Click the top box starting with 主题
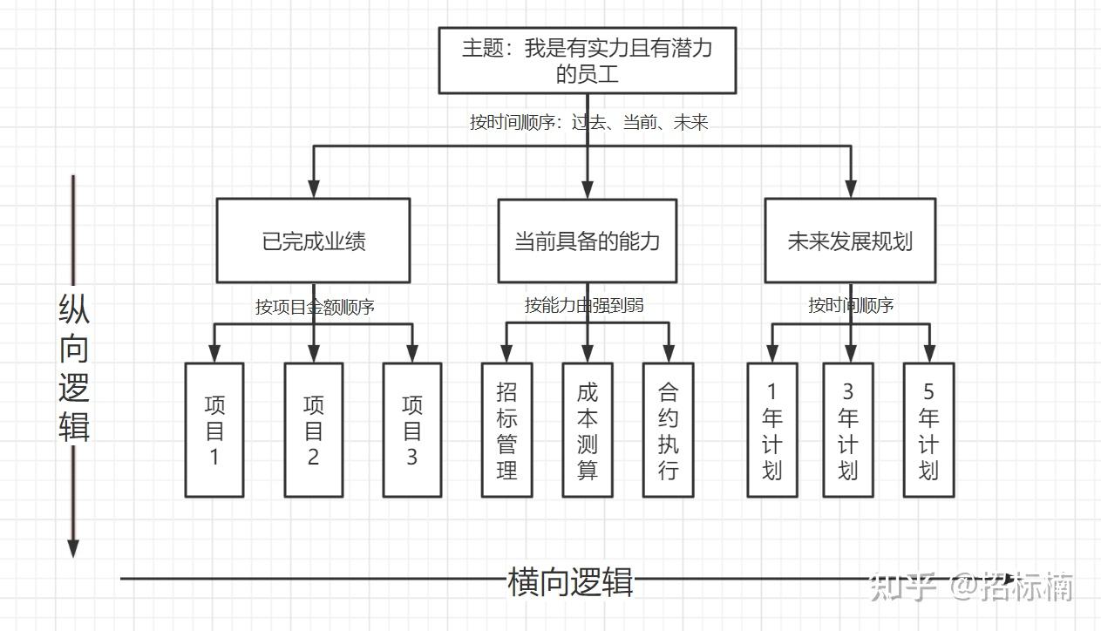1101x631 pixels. (587, 60)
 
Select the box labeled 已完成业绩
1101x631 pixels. (313, 241)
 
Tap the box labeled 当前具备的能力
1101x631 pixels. (587, 241)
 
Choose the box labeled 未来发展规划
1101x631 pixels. (850, 241)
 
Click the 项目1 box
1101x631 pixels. (214, 431)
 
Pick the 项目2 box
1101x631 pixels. (314, 431)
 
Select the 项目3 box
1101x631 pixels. (412, 431)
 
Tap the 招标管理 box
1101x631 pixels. (507, 431)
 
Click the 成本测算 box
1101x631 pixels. (588, 431)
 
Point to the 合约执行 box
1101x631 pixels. (669, 431)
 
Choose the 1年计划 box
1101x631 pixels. (772, 431)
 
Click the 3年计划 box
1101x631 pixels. (848, 431)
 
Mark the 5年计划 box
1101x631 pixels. (928, 431)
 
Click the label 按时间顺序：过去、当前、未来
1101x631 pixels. (589, 122)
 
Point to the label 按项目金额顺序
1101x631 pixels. (315, 307)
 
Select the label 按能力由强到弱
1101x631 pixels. (584, 305)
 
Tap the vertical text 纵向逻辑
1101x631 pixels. (74, 367)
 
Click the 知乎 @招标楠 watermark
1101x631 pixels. (971, 586)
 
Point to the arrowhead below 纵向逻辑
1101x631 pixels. (73, 548)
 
